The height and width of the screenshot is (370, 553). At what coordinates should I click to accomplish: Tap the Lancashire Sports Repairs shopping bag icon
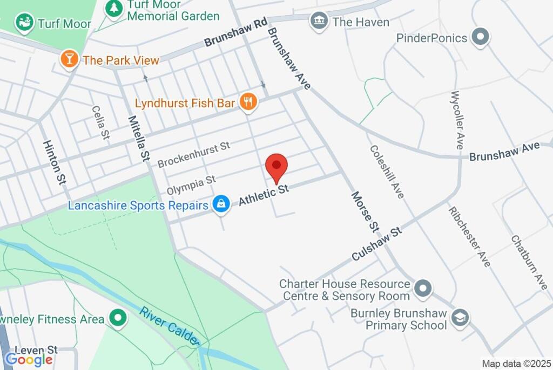click(221, 204)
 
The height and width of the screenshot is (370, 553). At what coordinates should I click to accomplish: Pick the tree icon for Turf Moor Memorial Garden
click(114, 9)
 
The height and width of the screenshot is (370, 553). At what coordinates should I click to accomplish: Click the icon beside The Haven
click(319, 22)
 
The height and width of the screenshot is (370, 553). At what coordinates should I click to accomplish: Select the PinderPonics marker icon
click(480, 38)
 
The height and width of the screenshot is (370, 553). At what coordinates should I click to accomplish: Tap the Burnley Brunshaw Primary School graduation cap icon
click(460, 318)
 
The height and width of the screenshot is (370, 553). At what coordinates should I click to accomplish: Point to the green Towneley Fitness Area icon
click(117, 319)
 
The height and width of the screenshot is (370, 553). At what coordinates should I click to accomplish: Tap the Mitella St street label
click(138, 138)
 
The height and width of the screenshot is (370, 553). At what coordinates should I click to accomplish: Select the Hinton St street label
click(55, 162)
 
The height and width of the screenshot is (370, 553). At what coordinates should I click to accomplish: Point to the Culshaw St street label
click(377, 244)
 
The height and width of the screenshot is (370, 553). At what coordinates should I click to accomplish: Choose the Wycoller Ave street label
click(457, 120)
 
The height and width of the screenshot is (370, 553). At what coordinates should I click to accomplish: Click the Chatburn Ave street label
click(529, 262)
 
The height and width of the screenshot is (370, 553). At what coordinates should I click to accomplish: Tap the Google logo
click(29, 359)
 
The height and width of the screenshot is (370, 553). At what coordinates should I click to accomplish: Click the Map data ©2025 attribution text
click(516, 364)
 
